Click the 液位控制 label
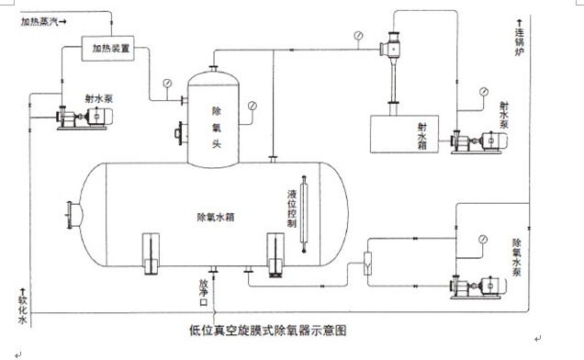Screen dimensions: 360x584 (291, 210)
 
